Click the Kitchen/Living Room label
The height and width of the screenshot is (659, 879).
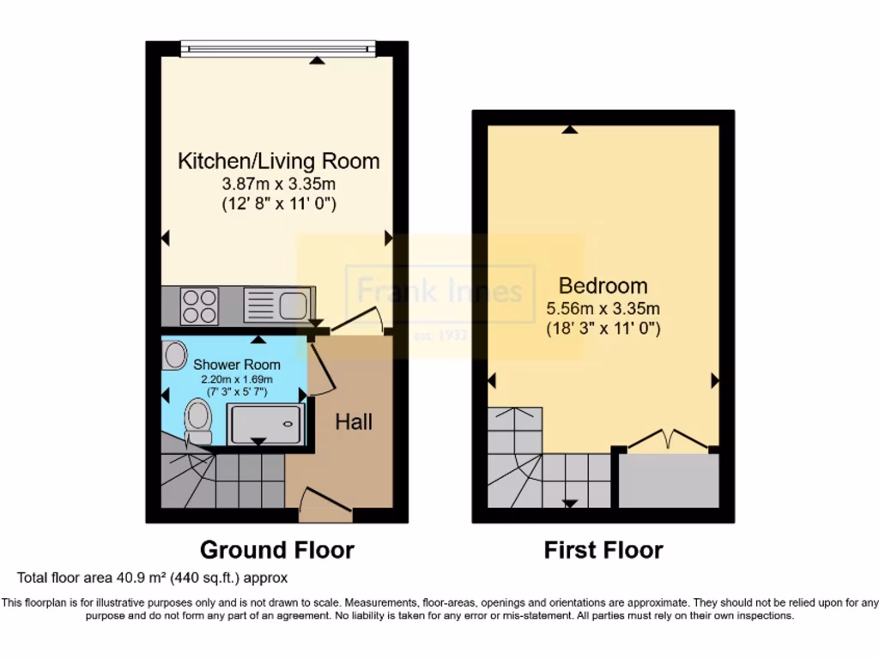tap(278, 160)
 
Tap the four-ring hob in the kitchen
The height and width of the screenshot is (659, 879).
tap(199, 306)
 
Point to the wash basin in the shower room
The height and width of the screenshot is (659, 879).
tap(175, 354)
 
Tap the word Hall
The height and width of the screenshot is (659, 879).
tap(354, 422)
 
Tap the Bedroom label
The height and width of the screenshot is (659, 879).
tap(603, 286)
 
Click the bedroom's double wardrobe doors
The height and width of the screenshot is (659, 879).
tap(669, 439)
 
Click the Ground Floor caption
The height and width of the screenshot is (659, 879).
tap(276, 549)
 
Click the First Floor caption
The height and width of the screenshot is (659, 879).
tap(603, 549)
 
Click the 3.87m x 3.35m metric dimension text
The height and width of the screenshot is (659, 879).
tap(278, 184)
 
